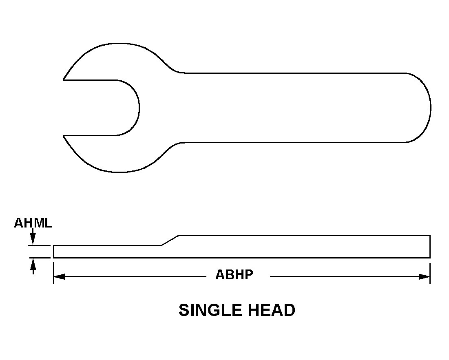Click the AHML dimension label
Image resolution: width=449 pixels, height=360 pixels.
(x=33, y=223)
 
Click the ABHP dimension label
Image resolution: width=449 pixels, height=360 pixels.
(x=234, y=275)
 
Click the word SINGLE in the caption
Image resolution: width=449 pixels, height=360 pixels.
(x=210, y=310)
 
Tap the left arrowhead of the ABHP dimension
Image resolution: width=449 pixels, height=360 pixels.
(x=59, y=277)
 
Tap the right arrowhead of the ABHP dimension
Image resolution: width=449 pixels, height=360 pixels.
(x=425, y=277)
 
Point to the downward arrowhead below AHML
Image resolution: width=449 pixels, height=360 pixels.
(x=33, y=239)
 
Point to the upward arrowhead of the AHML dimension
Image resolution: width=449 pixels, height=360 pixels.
(x=33, y=264)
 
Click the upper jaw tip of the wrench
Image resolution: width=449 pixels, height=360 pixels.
(x=64, y=79)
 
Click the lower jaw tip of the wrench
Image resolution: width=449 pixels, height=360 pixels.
(x=64, y=136)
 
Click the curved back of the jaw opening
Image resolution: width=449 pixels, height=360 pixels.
(x=139, y=108)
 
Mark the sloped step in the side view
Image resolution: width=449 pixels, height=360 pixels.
(x=170, y=241)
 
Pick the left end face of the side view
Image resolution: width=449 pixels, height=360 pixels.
(x=53, y=252)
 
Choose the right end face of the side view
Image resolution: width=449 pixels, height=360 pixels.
(x=430, y=246)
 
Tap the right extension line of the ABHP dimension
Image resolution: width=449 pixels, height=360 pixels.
(x=430, y=273)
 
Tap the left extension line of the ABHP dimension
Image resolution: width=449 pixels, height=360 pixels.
(x=53, y=273)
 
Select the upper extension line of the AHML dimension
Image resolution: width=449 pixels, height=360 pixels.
(x=40, y=245)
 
